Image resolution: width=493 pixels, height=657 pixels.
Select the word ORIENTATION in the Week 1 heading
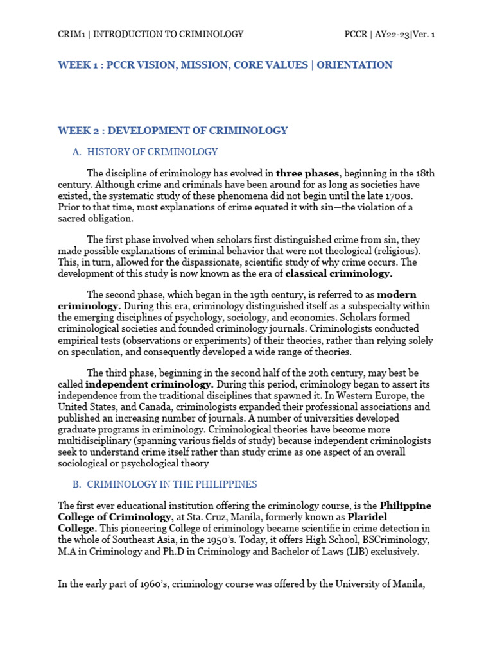(x=356, y=65)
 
